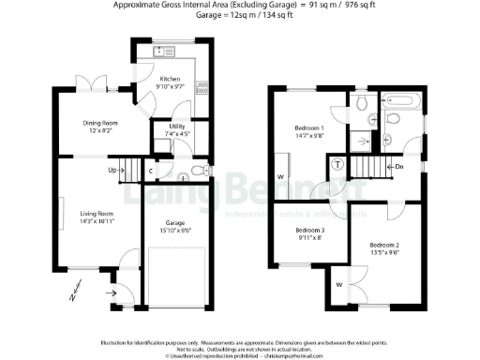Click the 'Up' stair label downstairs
click(112, 170)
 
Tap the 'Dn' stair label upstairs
click(398, 167)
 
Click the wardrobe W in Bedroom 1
click(280, 176)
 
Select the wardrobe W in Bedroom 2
click(338, 283)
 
